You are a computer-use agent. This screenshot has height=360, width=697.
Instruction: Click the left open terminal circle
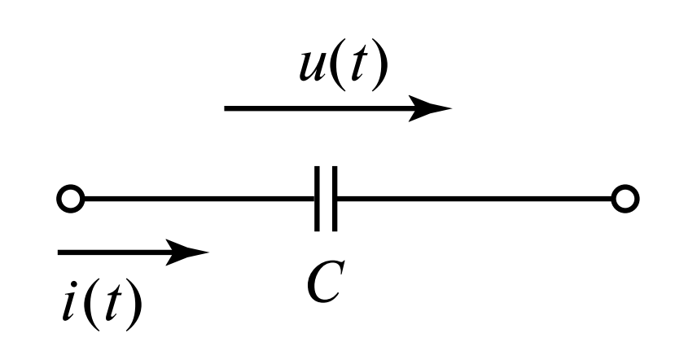click(68, 199)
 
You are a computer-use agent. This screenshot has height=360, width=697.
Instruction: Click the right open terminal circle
click(626, 199)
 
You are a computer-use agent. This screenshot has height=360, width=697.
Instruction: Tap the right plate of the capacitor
click(335, 199)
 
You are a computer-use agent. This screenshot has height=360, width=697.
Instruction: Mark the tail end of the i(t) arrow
click(60, 252)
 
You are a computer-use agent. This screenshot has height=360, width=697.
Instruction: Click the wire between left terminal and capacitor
click(195, 199)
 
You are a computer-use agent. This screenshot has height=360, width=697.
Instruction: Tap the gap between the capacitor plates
click(327, 199)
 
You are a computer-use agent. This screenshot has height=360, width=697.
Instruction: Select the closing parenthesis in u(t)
click(376, 68)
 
